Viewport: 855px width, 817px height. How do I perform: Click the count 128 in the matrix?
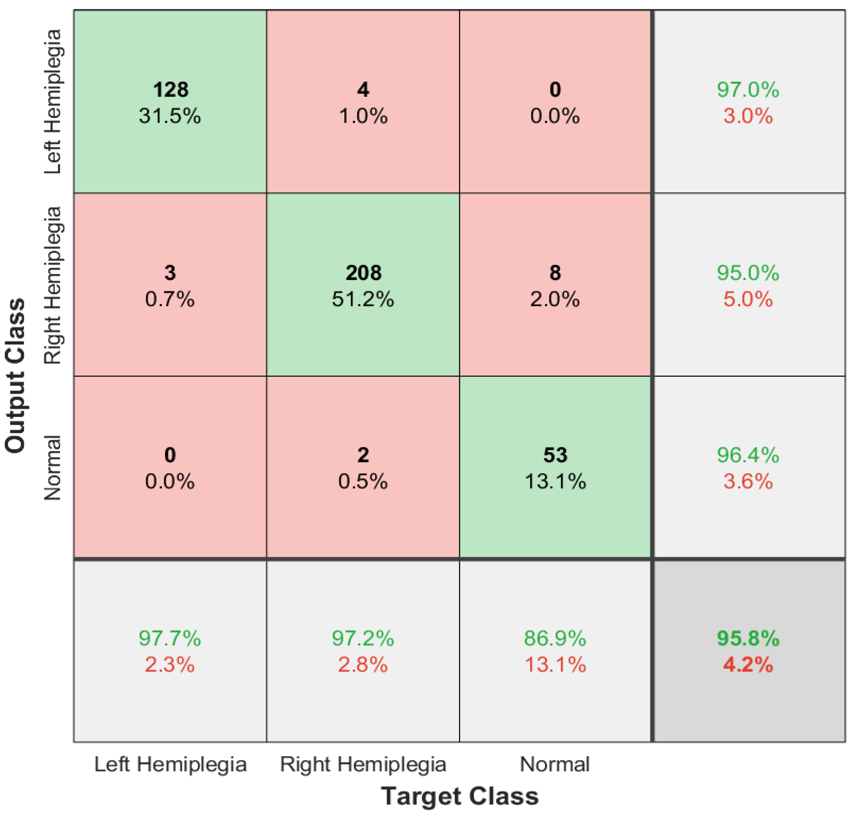tap(170, 89)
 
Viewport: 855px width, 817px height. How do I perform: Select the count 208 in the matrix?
tap(363, 273)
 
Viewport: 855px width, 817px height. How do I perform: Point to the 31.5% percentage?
tap(170, 116)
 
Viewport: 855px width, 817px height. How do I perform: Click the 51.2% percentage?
tap(363, 299)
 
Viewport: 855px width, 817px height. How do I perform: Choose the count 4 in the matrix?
tap(363, 89)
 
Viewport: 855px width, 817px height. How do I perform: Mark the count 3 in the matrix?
tap(170, 273)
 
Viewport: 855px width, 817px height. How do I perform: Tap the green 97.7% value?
tap(170, 638)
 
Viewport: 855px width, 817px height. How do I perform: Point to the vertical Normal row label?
tap(53, 467)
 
